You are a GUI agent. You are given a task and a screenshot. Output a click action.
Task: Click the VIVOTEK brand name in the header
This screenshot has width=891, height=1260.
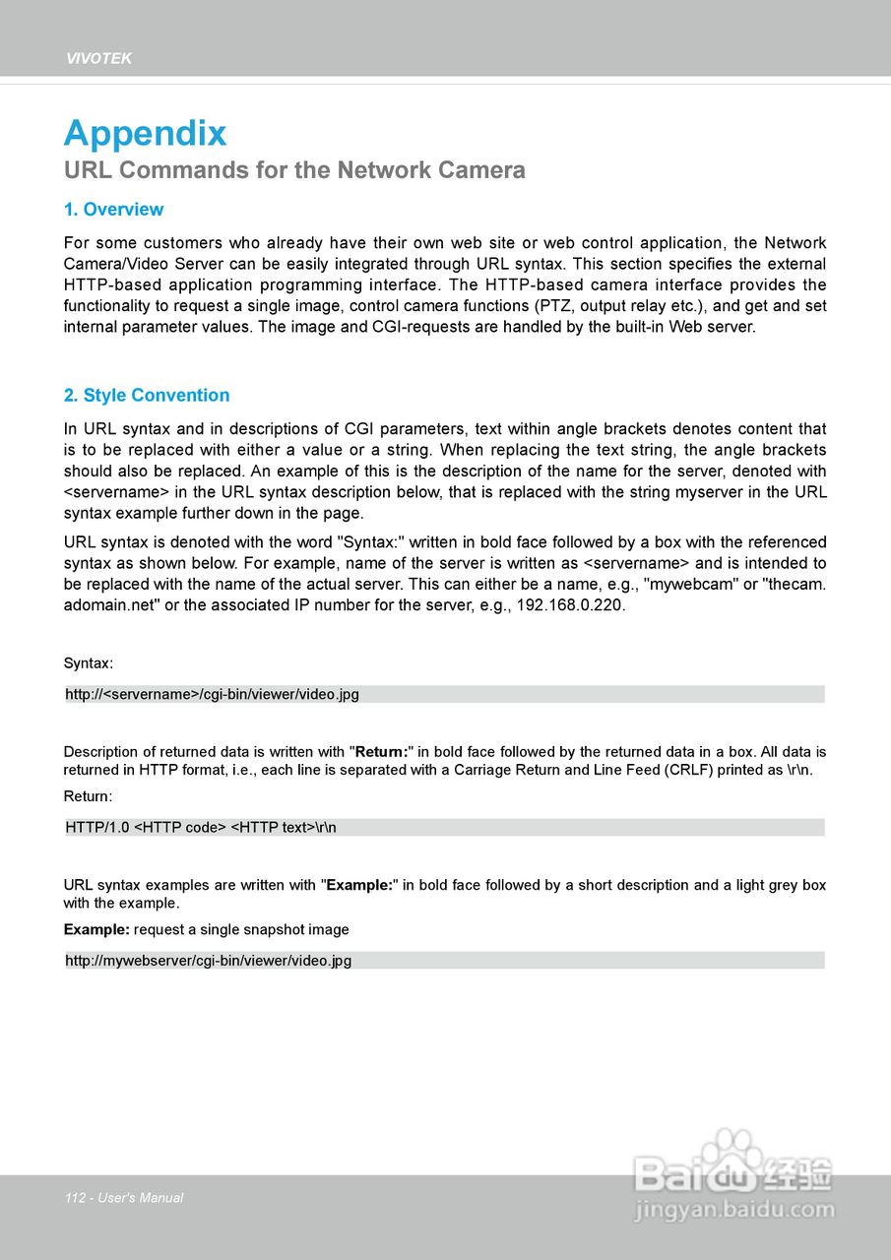pos(98,59)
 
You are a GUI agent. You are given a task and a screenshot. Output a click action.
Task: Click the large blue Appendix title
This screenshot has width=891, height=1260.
pos(145,134)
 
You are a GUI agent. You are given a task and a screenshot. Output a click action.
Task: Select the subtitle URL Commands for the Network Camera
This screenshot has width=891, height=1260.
pos(294,170)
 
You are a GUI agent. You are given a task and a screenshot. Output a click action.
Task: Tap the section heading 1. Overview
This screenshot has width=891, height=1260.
pos(113,210)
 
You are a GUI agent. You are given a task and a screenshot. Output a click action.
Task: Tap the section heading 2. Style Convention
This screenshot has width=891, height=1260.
pos(147,396)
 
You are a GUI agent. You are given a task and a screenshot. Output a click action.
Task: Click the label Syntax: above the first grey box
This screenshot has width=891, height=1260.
pos(89,663)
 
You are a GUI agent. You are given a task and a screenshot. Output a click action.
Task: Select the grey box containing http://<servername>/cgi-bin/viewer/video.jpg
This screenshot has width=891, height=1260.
pos(444,694)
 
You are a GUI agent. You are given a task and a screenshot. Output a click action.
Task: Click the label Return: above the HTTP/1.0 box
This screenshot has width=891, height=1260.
pos(89,795)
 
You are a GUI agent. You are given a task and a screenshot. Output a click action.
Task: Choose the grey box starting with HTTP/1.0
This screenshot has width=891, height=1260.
pos(444,827)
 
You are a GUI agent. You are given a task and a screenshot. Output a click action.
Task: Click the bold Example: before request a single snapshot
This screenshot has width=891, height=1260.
pos(96,929)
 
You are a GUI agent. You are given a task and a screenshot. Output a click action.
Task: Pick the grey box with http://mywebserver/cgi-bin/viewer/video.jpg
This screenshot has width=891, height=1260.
pos(444,960)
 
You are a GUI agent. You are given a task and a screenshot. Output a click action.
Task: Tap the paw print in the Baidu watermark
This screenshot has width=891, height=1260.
pos(733,1152)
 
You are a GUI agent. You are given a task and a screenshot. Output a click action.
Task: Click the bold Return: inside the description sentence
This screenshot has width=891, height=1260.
pos(381,752)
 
